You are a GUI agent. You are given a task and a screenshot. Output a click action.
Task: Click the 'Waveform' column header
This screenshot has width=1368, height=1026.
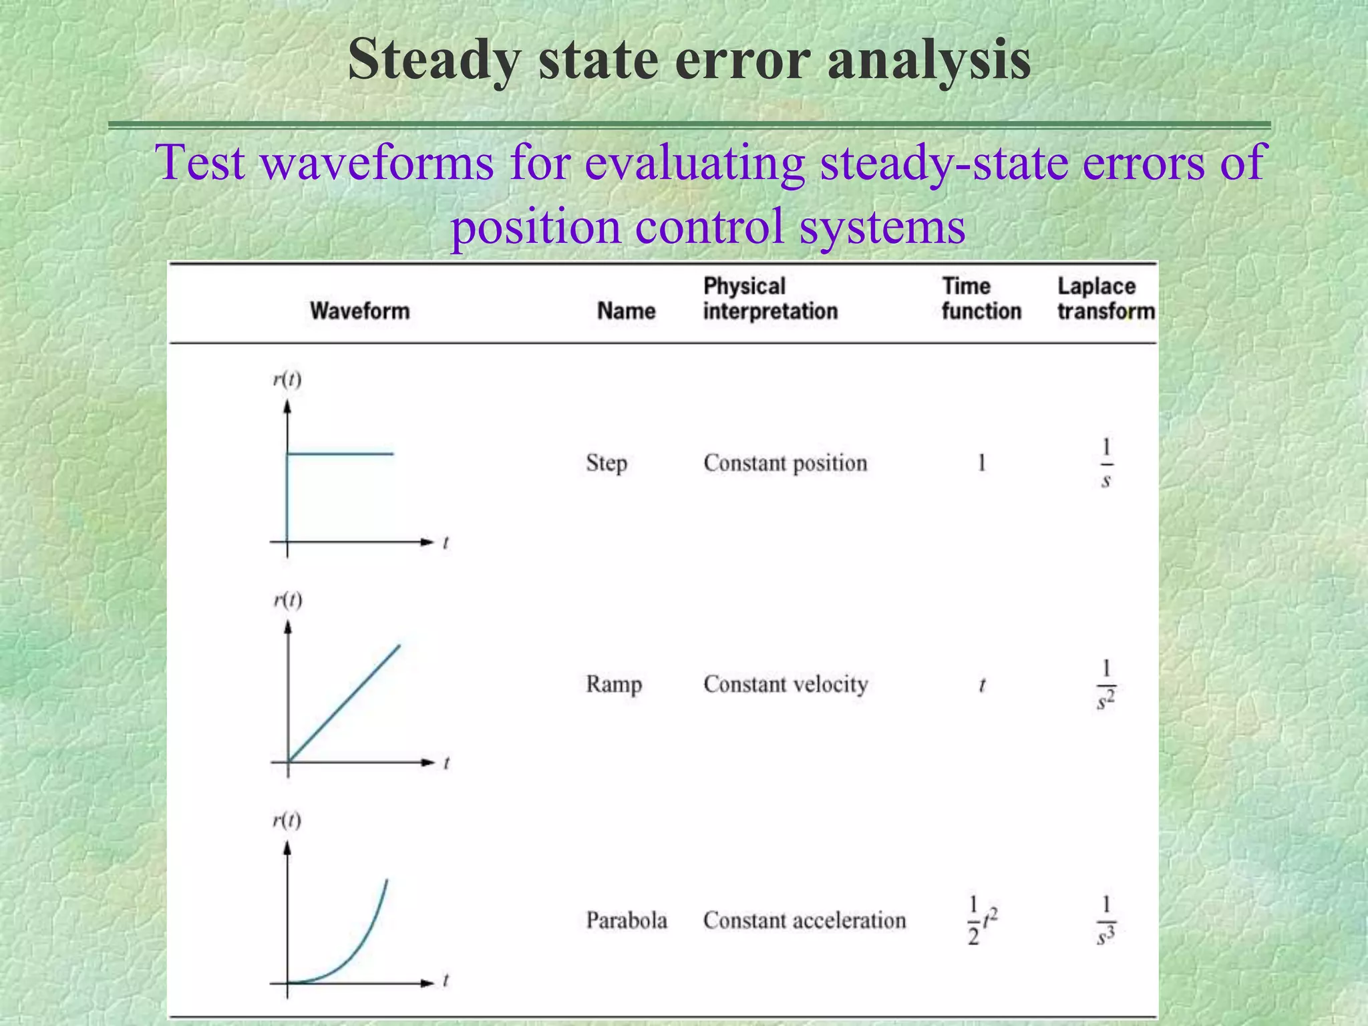(x=359, y=311)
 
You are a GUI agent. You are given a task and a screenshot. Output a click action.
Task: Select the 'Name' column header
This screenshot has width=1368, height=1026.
(x=626, y=311)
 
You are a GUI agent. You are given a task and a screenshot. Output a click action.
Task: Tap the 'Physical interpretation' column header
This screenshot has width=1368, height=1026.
(x=769, y=299)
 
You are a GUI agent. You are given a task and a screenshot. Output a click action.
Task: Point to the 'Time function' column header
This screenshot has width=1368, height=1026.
(x=981, y=299)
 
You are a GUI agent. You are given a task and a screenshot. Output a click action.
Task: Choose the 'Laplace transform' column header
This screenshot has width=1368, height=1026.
(x=1105, y=299)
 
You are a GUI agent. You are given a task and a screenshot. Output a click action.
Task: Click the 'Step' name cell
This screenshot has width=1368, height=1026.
(x=606, y=464)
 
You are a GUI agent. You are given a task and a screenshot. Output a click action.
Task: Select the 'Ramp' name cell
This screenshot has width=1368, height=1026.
(x=613, y=685)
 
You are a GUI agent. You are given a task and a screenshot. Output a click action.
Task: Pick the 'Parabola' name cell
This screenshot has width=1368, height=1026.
(x=626, y=920)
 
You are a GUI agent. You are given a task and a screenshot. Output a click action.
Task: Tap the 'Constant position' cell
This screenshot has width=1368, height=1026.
(x=785, y=463)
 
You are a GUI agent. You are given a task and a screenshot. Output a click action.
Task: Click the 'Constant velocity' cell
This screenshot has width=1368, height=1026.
(x=786, y=685)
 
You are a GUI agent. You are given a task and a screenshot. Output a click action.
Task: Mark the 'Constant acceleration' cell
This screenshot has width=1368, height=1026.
(x=804, y=920)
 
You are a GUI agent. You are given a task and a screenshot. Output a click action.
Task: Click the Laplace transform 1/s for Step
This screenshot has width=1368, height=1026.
(x=1106, y=463)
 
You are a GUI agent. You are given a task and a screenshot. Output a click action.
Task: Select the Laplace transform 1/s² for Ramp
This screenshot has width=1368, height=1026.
(x=1106, y=685)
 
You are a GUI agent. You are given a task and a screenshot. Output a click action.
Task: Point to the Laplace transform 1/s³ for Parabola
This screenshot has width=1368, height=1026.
(x=1106, y=921)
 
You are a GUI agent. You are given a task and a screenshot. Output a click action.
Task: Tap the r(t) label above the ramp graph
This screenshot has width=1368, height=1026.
(x=287, y=600)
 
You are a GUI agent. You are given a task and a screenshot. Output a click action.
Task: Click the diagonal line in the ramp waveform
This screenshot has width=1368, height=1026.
(x=344, y=703)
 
